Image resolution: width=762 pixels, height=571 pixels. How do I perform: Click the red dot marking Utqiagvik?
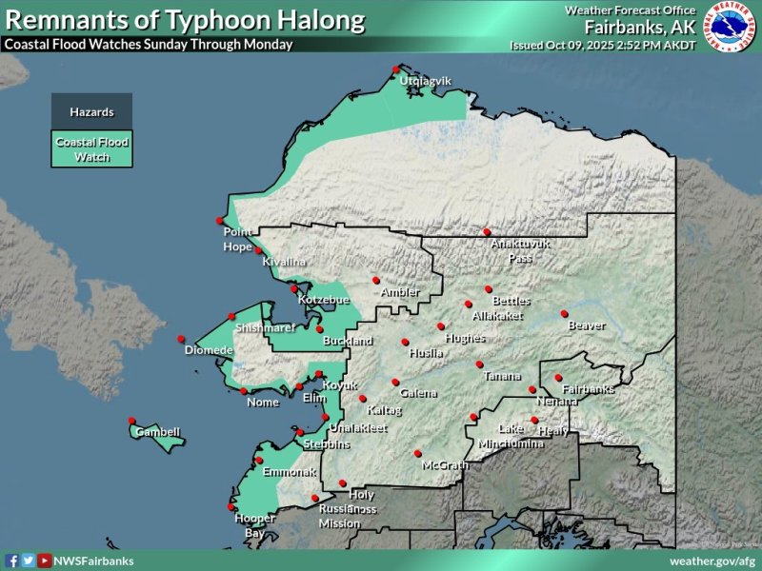click(x=396, y=68)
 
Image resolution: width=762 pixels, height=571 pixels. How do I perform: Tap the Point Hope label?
click(x=236, y=238)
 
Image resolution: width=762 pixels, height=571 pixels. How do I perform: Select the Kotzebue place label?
click(x=318, y=300)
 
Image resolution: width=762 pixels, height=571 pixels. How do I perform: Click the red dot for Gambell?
click(x=131, y=422)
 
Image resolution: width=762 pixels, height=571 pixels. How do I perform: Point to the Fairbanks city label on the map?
click(x=588, y=389)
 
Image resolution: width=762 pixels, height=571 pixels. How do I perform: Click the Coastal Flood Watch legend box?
click(x=91, y=149)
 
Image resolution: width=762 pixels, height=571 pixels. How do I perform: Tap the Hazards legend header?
click(x=91, y=112)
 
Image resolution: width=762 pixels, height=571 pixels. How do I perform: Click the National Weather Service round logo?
click(x=731, y=30)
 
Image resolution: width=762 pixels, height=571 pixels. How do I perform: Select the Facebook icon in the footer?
click(x=12, y=561)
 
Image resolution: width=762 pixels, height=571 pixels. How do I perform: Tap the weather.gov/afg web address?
click(x=712, y=561)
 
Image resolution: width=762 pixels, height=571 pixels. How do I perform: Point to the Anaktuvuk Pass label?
click(x=520, y=250)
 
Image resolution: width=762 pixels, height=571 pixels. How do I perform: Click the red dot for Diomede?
click(x=181, y=338)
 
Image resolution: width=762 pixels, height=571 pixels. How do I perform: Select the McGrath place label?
click(x=446, y=465)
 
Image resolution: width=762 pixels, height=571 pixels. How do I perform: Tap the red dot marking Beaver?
click(x=564, y=313)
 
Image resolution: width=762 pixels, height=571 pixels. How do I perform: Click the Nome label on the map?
click(x=263, y=402)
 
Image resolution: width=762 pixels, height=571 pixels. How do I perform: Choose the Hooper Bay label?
click(x=255, y=525)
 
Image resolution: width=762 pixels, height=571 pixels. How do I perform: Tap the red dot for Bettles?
click(x=489, y=289)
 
